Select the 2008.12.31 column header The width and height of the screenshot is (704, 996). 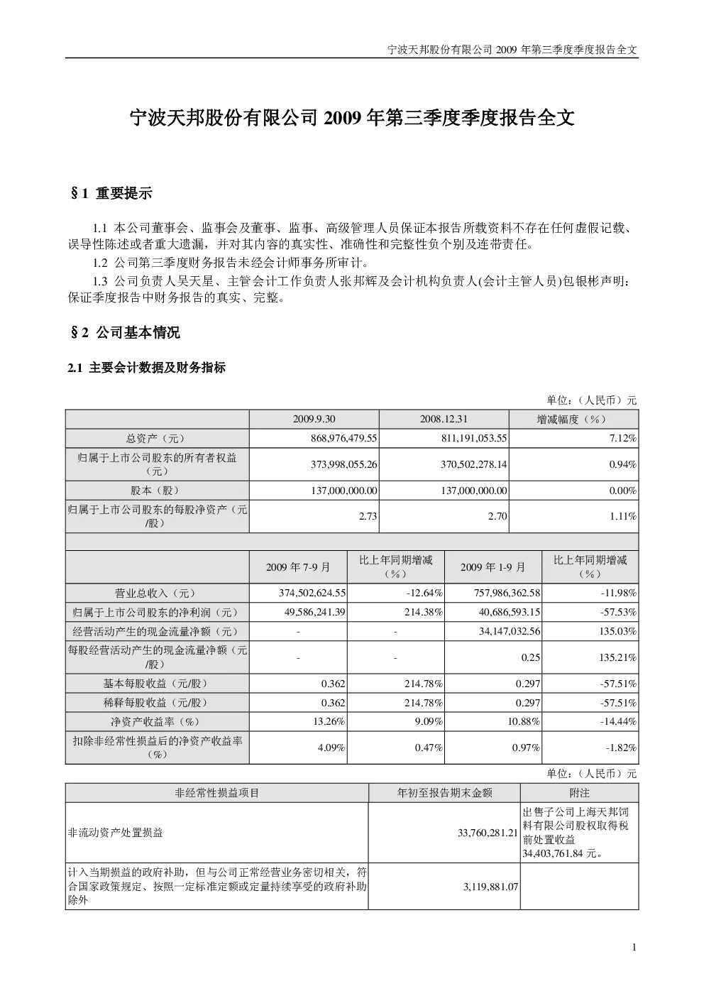tap(444, 419)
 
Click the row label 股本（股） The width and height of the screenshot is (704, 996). tap(157, 490)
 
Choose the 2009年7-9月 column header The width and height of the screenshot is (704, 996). tap(298, 567)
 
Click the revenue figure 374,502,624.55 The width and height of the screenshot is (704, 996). tap(312, 593)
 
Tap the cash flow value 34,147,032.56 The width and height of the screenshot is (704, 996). tap(510, 631)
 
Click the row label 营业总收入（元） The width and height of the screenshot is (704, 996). tap(157, 593)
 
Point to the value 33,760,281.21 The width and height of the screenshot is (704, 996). tap(488, 833)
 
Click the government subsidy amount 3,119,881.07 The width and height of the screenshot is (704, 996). tap(490, 886)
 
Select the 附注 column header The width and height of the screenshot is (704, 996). tap(580, 792)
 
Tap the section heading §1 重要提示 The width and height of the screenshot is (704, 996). tap(111, 193)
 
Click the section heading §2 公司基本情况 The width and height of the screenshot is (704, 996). tap(125, 332)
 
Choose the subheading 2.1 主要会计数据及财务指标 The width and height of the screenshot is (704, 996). tap(147, 368)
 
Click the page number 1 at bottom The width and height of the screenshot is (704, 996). tap(634, 959)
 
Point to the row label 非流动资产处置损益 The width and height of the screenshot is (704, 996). tap(116, 833)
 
